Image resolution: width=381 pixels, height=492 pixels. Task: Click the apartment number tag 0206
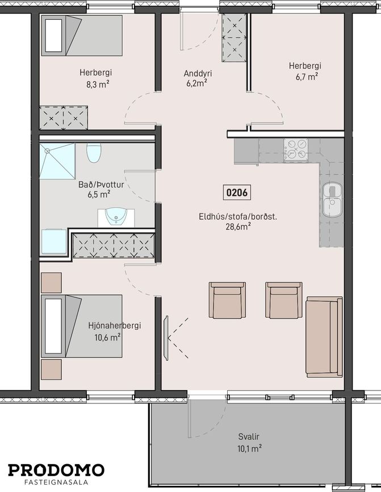point(237,192)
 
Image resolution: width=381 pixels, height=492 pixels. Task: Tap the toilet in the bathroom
point(94,153)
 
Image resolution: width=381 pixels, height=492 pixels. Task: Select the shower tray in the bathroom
point(57,161)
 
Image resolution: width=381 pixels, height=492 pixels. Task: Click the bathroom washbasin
point(116,217)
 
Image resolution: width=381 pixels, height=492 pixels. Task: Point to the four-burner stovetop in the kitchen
point(296,150)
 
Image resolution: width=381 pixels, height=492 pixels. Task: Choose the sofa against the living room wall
point(324,337)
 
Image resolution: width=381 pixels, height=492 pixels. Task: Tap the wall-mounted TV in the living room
point(166,338)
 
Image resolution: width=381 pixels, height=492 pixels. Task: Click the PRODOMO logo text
point(56,470)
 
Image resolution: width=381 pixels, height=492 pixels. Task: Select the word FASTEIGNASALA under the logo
point(56,482)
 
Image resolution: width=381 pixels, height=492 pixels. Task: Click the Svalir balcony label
point(249,436)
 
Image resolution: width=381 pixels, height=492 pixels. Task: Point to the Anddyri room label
point(198,73)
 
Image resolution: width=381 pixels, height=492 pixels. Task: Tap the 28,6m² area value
point(238,226)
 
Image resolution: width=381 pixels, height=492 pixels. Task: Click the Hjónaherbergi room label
point(115,326)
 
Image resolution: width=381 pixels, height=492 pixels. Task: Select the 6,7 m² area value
point(307,76)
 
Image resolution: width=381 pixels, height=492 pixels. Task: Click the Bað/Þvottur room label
point(101,184)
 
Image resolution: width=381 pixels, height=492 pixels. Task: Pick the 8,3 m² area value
point(98,84)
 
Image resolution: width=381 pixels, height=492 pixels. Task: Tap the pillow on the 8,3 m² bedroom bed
point(54,35)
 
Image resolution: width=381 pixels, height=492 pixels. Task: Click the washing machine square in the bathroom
point(54,242)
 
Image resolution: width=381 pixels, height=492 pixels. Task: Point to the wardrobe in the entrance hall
point(235,37)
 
